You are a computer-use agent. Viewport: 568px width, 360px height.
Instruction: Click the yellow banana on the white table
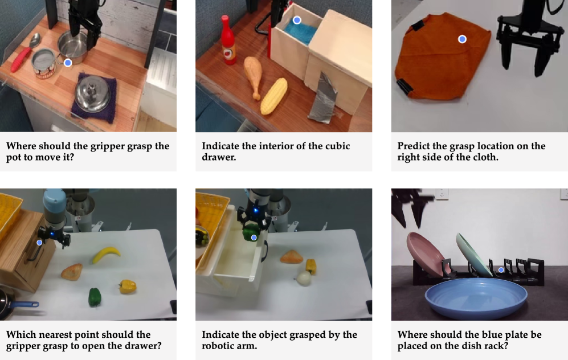[x=106, y=254]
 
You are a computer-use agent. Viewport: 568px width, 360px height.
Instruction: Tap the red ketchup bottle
[x=228, y=40]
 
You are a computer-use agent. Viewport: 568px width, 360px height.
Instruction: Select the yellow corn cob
[x=274, y=96]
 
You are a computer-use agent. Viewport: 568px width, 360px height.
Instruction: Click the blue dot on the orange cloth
[x=462, y=39]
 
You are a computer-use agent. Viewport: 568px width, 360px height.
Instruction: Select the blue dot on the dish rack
[x=501, y=270]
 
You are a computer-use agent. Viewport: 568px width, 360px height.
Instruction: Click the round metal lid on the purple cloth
[x=93, y=93]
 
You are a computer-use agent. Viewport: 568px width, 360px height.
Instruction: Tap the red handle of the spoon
[x=21, y=60]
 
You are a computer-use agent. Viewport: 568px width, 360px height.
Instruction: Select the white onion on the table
[x=303, y=278]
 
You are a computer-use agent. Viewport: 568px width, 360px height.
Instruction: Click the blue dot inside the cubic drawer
[x=297, y=21]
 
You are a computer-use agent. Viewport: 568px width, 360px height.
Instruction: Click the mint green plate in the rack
[x=473, y=254]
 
